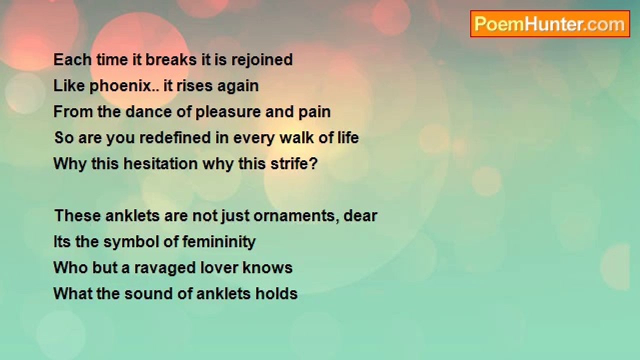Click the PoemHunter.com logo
(550, 24)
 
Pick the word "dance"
(148, 111)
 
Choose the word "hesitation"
(160, 163)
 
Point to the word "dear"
(360, 215)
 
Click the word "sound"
(148, 293)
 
